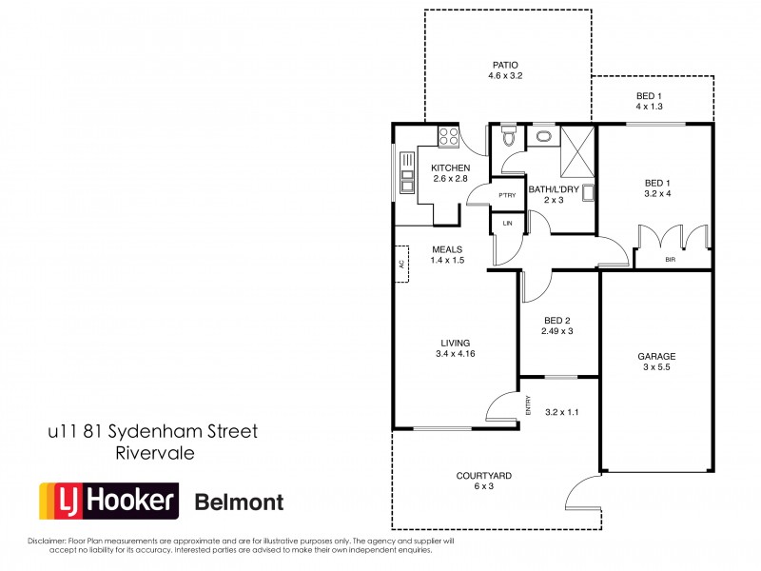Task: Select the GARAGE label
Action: (x=655, y=357)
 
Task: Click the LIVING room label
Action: (x=456, y=343)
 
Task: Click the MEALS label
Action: (x=446, y=249)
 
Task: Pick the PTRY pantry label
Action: (x=507, y=195)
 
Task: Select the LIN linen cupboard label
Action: (x=508, y=224)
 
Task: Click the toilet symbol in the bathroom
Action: (x=510, y=138)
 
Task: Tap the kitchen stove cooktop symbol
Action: (x=447, y=138)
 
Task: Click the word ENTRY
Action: (x=529, y=404)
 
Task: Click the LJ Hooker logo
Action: (x=107, y=501)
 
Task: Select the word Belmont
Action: (x=239, y=502)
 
